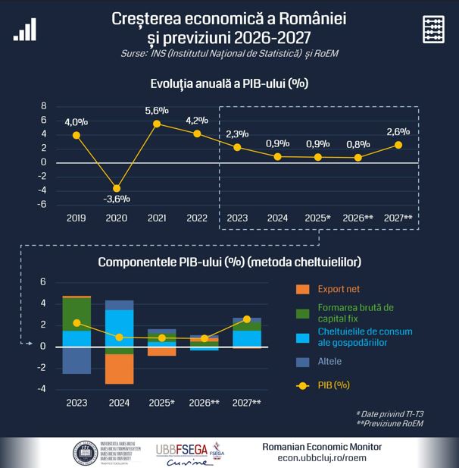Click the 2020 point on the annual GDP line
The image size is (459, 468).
point(117,187)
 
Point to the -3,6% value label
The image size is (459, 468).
point(117,199)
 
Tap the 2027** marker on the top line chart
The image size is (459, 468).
point(398,145)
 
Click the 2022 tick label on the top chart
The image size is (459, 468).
point(197,218)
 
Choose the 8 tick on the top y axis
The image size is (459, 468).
point(44,105)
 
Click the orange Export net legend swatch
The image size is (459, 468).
point(302,289)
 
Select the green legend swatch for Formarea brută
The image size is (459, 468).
point(302,313)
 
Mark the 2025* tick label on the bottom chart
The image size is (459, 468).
point(161,403)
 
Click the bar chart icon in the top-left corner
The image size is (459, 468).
point(24,29)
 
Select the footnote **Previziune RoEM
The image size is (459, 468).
point(399,423)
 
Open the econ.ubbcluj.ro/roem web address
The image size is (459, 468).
point(322,457)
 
